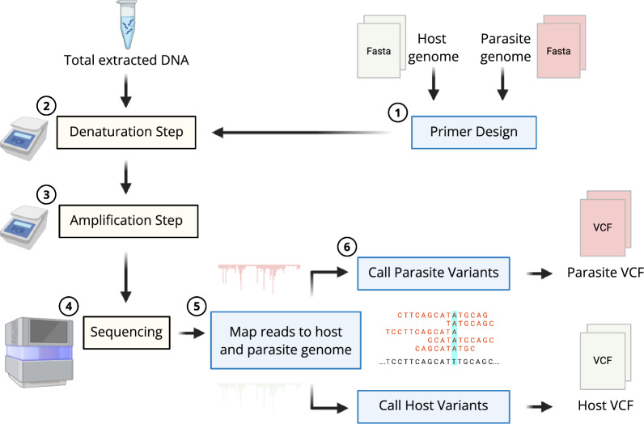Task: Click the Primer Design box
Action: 473,132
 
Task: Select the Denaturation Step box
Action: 126,132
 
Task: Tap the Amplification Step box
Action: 129,221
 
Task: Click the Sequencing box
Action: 126,333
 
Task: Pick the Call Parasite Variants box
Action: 434,273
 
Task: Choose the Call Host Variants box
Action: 434,406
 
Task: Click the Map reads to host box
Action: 286,340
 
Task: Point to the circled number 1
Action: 397,112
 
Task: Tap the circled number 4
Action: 69,306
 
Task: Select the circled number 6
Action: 346,247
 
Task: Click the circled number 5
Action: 197,306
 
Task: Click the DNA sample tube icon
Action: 126,23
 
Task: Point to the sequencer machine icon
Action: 40,352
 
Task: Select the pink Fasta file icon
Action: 561,46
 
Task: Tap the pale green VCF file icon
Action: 605,357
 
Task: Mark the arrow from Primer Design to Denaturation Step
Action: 302,132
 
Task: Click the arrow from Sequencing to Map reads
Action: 192,333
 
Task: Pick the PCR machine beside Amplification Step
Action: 23,227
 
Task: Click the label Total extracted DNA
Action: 126,61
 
